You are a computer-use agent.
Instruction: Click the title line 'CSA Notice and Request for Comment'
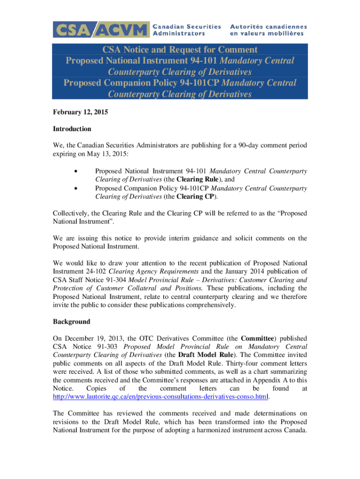[180, 50]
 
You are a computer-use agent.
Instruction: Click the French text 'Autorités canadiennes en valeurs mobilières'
[268, 29]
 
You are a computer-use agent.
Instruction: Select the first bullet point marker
[75, 171]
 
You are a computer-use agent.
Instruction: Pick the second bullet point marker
[75, 188]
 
